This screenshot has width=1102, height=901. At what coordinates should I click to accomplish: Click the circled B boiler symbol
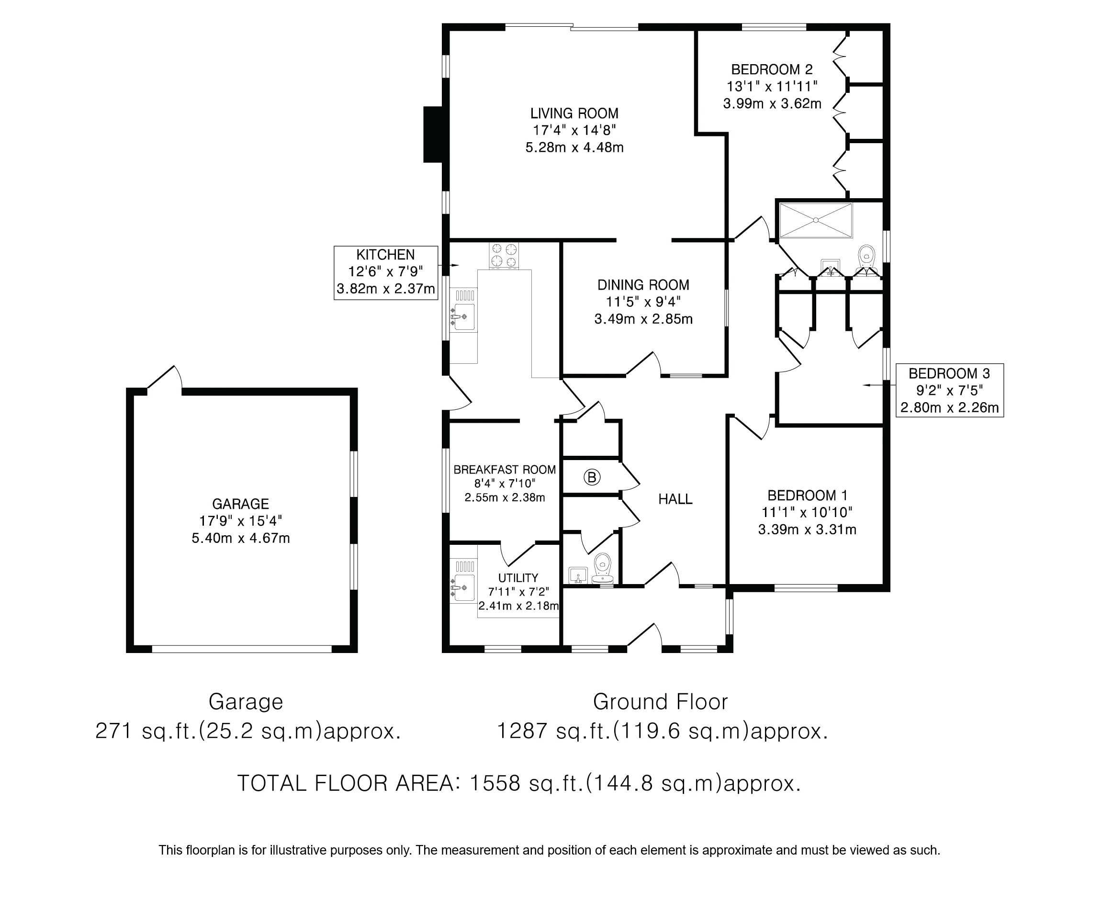[x=592, y=477]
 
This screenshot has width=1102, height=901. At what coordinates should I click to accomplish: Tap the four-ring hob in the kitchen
[x=504, y=256]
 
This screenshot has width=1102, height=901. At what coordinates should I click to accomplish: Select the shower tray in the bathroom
[x=816, y=221]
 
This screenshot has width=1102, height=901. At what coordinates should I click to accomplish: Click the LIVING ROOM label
[x=574, y=113]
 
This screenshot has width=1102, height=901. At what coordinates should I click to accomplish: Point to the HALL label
[x=675, y=499]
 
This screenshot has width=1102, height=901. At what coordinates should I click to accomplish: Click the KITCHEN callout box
[x=385, y=272]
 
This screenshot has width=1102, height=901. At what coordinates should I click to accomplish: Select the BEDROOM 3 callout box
[x=949, y=390]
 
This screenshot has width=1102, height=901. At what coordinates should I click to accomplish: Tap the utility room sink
[x=463, y=587]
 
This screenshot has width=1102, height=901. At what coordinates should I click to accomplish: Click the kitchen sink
[x=464, y=316]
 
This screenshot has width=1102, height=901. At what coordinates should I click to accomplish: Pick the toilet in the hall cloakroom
[x=602, y=569]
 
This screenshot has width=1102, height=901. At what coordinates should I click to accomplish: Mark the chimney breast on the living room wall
[x=433, y=135]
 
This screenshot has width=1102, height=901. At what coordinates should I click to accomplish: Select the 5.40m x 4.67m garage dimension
[x=240, y=538]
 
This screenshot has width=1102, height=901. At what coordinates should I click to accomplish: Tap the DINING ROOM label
[x=643, y=285]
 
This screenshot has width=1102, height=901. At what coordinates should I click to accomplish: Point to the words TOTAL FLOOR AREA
[x=345, y=783]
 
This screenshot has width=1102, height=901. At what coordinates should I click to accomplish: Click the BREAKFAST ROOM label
[x=504, y=470]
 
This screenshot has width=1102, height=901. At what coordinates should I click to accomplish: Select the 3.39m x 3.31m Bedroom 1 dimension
[x=807, y=530]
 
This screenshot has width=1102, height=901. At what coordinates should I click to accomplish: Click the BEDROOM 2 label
[x=772, y=69]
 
